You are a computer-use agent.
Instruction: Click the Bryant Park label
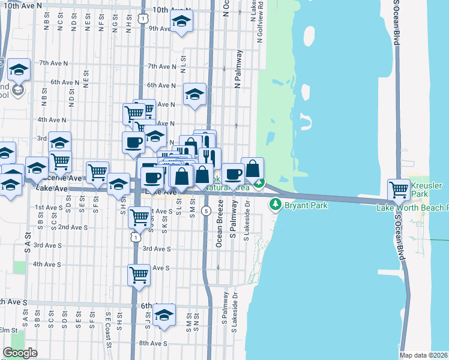click(306, 206)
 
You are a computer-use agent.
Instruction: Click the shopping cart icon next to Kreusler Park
click(399, 190)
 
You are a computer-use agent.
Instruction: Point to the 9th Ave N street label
click(145, 28)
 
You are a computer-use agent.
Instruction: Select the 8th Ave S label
click(152, 343)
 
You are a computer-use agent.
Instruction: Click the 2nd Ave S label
click(73, 227)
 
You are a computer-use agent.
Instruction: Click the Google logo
click(20, 353)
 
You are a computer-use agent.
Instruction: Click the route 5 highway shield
click(206, 211)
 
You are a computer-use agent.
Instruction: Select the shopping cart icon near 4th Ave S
click(139, 275)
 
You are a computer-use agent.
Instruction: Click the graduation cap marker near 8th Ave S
click(163, 315)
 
